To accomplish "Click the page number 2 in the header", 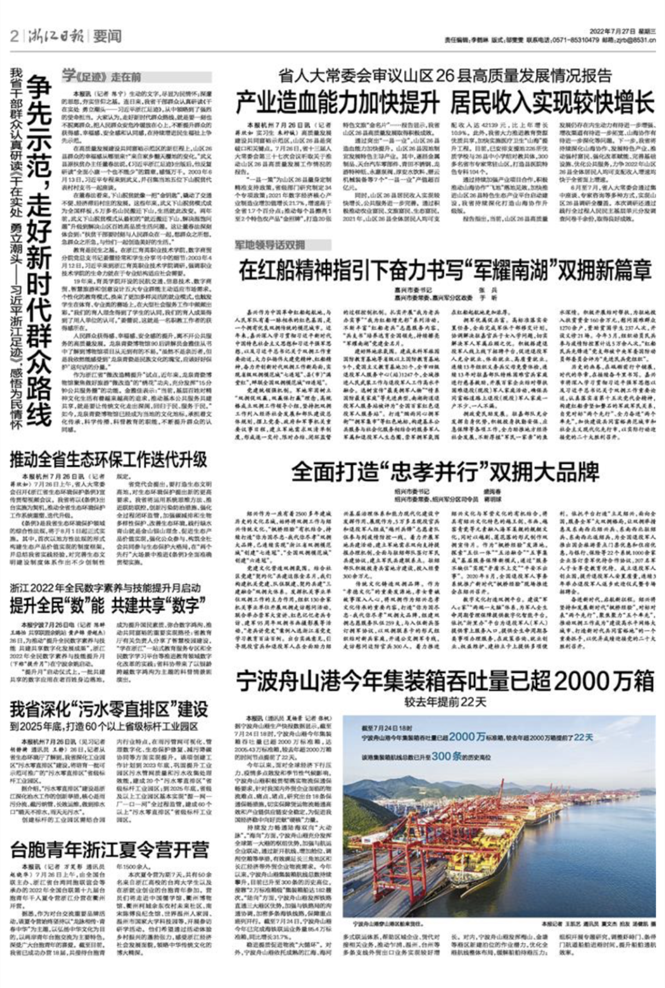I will coord(14,37).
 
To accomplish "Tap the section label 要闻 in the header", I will coord(107,37).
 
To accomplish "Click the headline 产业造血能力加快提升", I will coord(338,103).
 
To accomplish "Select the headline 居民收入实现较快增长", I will coord(552,103).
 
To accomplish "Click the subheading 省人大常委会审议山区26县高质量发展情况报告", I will coord(445,75).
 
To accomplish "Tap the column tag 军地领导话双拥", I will coord(271,245).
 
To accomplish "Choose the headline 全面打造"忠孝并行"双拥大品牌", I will coord(445,472).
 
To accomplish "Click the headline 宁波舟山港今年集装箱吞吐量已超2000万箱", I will coord(445,681).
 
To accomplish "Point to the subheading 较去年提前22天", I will coord(445,702).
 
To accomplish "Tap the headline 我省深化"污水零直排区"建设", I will coord(109,710).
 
